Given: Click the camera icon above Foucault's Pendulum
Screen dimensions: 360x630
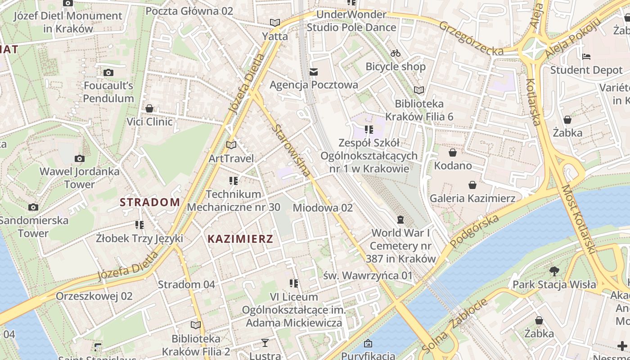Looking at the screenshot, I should tap(108, 72).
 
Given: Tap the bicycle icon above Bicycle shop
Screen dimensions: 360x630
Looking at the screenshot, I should tap(396, 53).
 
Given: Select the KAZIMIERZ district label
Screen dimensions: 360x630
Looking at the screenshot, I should tap(240, 239).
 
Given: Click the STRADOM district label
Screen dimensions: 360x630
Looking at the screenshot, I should tap(150, 202).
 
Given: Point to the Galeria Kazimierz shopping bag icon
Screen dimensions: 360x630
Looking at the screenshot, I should tap(472, 185).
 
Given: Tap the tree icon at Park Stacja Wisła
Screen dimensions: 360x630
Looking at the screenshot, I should tap(554, 271).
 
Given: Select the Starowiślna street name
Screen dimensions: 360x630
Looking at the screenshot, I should tap(291, 150).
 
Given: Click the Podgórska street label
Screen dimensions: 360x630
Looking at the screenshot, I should tap(475, 231).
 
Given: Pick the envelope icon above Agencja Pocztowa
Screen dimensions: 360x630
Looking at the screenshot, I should tap(314, 72).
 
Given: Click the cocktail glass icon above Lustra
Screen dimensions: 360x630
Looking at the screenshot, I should tap(265, 343).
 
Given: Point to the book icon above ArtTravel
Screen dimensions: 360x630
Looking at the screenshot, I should tap(231, 145).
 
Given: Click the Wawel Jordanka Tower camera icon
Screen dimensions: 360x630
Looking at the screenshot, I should tap(80, 158).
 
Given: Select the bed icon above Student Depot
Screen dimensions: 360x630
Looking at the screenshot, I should tap(586, 57).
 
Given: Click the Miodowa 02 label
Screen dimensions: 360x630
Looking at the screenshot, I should tap(323, 208).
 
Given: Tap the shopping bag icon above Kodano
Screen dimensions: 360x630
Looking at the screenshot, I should tap(453, 153).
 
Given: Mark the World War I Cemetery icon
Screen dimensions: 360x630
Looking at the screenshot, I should tap(400, 220).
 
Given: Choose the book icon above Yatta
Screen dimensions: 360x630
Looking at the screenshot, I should tap(275, 22).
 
